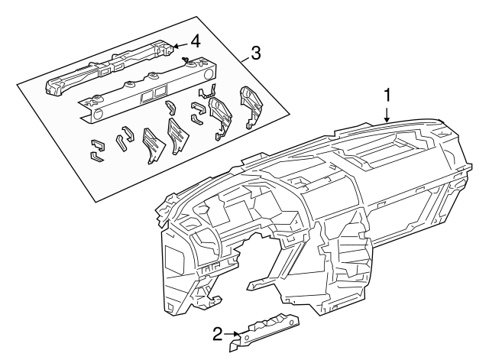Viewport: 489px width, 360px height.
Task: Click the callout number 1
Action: click(x=387, y=95)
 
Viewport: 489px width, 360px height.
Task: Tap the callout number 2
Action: click(x=218, y=334)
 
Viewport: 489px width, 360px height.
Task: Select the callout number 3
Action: click(x=255, y=54)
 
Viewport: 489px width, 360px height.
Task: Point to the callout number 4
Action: click(x=196, y=41)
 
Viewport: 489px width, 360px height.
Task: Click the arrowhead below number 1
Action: click(x=387, y=120)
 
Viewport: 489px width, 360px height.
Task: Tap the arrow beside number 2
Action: click(x=232, y=334)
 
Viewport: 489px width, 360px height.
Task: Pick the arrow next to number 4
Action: click(x=181, y=46)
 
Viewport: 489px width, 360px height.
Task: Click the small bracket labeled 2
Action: click(x=264, y=332)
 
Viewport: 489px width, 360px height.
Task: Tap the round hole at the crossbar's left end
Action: click(x=97, y=114)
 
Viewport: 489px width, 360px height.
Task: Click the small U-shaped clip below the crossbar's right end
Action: click(x=206, y=91)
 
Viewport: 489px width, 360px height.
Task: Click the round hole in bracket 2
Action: click(x=246, y=338)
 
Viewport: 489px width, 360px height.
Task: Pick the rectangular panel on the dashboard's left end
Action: click(x=173, y=257)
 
